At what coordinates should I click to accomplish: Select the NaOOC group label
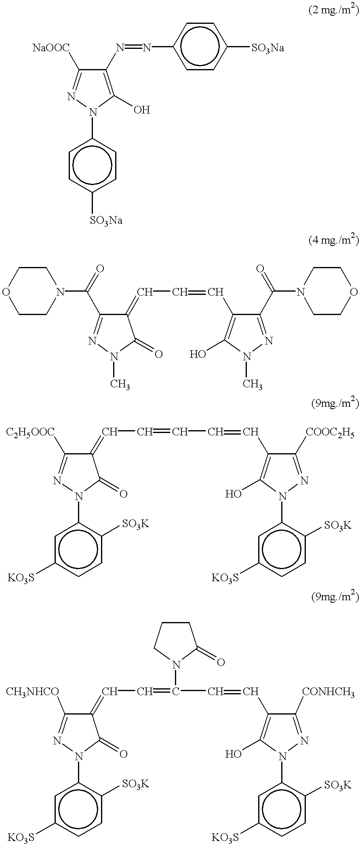coord(51,49)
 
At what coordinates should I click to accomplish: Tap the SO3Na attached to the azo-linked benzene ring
coord(268,49)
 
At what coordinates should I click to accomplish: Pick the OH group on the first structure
coord(142,109)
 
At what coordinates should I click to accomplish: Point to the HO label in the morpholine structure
coord(198,354)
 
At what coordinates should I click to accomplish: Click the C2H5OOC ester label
coord(31,433)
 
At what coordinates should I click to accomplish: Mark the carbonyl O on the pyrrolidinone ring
coord(221,662)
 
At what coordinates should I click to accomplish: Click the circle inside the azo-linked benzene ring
coord(200,46)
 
